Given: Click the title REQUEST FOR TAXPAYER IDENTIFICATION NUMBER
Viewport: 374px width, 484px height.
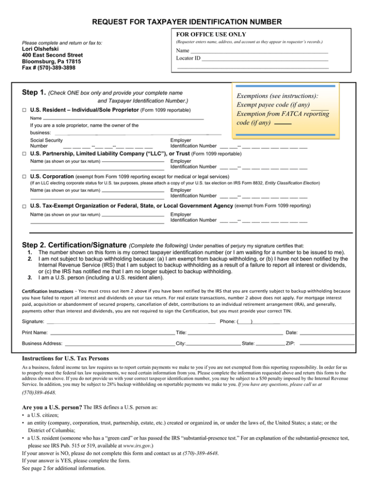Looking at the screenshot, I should (x=187, y=21).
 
